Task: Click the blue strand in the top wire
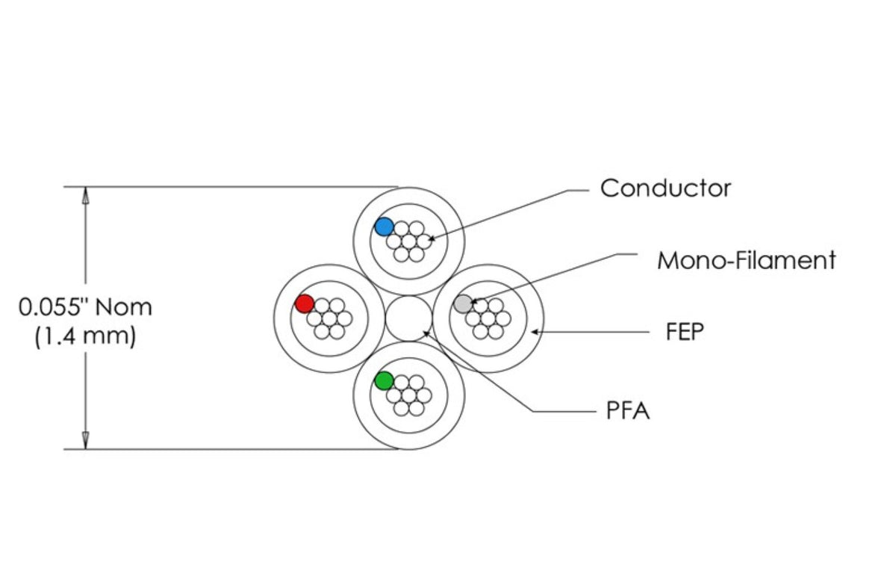coord(385,226)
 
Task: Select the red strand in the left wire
coord(305,303)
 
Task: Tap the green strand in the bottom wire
coord(385,380)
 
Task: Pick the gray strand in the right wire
coord(464,303)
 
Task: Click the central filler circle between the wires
coord(408,318)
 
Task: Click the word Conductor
coord(665,188)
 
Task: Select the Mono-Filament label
coord(746,261)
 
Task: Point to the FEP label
coord(685,332)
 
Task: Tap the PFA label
coord(627,411)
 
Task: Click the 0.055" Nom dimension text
coord(85,307)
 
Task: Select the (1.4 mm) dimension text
coord(85,336)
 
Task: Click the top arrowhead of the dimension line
coord(86,195)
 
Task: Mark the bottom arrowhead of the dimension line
coord(86,440)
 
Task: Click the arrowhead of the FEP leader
coord(535,331)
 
